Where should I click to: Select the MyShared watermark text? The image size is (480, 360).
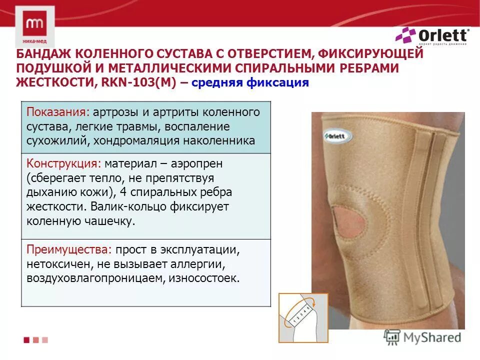tap(434, 337)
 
